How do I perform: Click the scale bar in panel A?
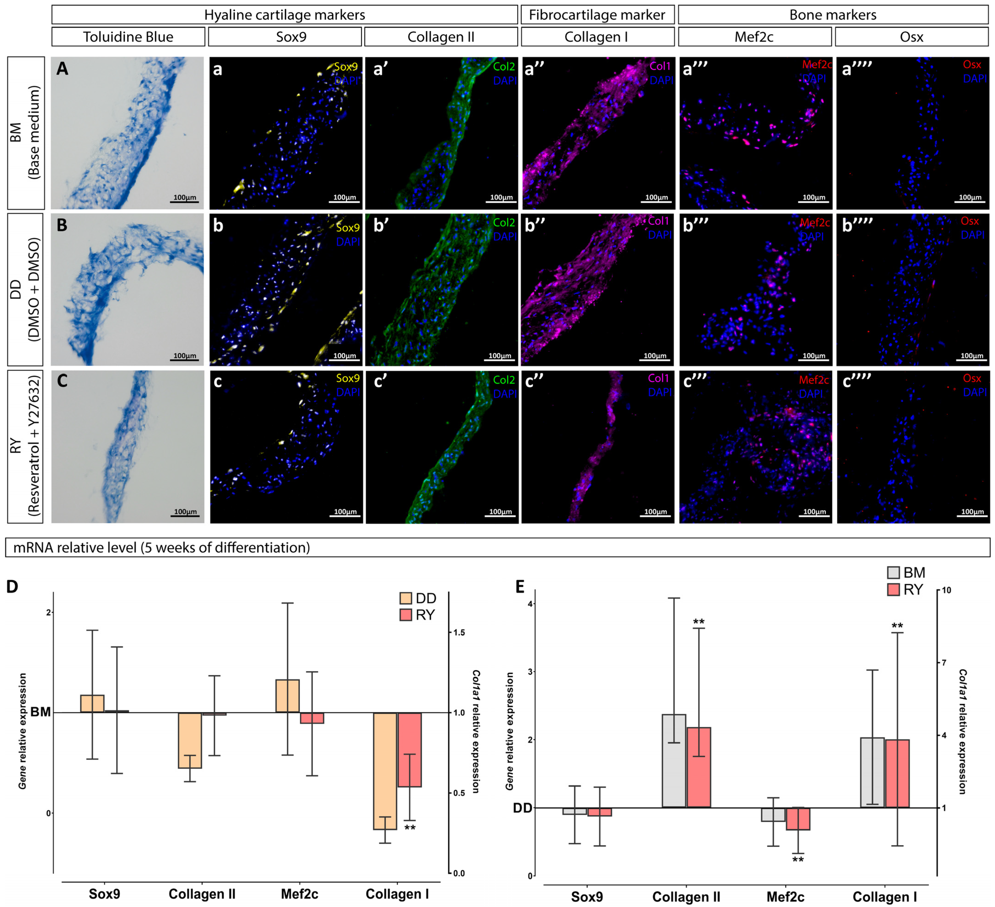(x=185, y=201)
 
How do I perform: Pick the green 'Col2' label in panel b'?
(x=504, y=223)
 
